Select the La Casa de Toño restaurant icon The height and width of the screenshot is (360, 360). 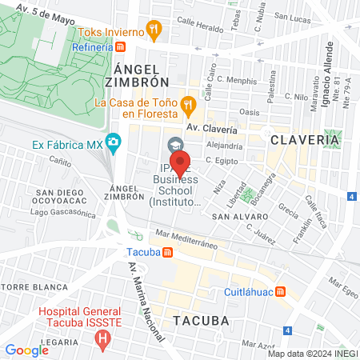(x=187, y=103)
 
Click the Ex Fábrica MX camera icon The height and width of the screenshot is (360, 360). (x=114, y=145)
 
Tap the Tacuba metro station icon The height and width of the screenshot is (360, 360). (x=167, y=252)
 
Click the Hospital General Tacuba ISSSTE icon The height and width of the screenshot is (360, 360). (x=102, y=339)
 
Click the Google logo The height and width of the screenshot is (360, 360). (x=26, y=350)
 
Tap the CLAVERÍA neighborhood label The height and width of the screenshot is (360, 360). (x=305, y=139)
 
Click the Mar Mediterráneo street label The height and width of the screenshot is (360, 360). (x=187, y=237)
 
